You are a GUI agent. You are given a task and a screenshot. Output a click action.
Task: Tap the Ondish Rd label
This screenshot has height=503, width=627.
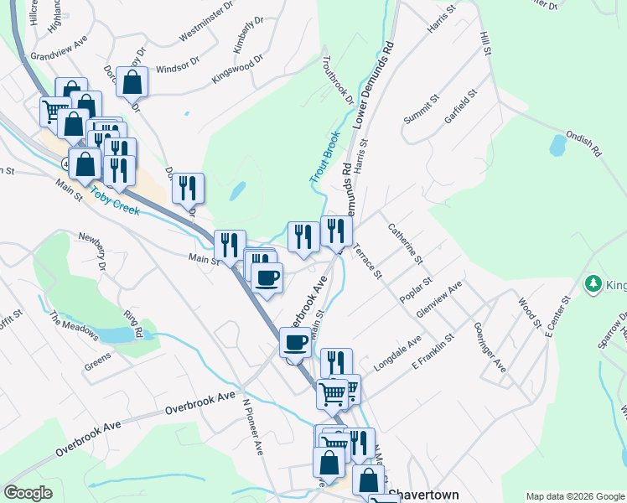[584, 142]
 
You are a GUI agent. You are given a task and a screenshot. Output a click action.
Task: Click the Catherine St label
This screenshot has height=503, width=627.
[403, 243]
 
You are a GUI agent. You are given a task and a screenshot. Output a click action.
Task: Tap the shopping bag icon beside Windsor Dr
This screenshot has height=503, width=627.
[132, 82]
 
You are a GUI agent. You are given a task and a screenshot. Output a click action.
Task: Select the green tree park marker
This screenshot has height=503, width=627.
[594, 285]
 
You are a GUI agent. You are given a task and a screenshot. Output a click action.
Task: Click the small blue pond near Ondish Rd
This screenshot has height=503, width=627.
[557, 146]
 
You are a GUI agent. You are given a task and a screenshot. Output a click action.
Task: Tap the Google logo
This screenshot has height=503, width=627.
[28, 493]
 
